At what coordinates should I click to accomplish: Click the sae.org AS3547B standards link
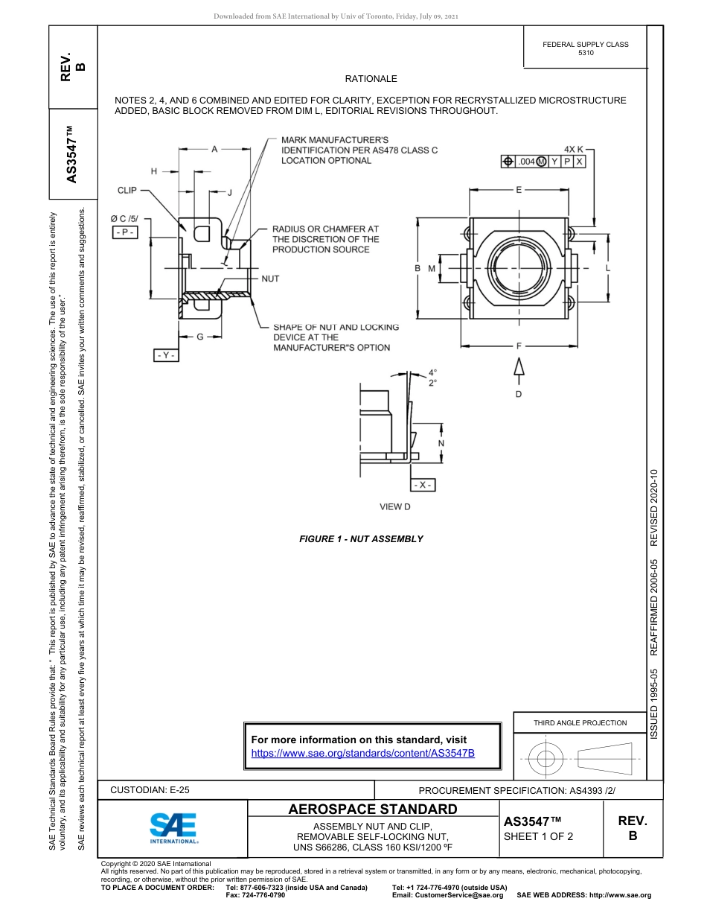[362, 753]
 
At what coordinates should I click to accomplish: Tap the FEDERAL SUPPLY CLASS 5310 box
[585, 49]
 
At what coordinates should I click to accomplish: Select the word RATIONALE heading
[371, 79]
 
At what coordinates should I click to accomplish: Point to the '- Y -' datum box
[166, 356]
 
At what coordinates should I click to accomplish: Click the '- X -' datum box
[423, 485]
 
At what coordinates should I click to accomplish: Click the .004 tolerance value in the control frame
[526, 162]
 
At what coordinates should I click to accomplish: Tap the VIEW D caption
[395, 507]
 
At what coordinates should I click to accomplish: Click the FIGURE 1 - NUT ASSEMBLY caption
[361, 539]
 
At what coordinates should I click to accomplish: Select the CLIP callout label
[127, 191]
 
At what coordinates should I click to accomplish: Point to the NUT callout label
[270, 279]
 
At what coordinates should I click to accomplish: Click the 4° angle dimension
[432, 372]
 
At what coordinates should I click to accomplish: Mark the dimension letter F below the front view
[519, 346]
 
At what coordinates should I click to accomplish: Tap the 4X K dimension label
[574, 149]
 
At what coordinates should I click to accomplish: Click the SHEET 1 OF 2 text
[539, 836]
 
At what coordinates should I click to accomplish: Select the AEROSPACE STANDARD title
[373, 810]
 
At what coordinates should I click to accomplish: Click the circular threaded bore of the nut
[519, 268]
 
